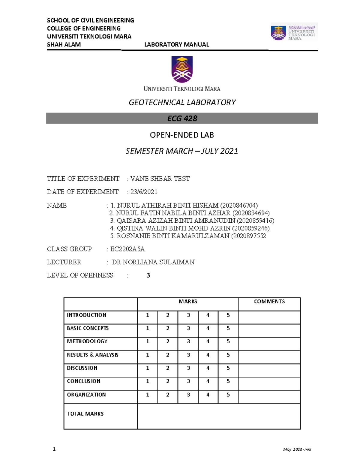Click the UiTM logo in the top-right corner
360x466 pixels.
point(294,32)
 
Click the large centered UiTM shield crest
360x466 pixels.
point(182,69)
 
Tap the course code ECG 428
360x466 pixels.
point(182,119)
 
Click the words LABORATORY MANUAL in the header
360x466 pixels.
point(177,45)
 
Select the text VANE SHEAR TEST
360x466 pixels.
point(160,179)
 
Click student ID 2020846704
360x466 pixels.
point(239,206)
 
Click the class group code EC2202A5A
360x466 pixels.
point(127,249)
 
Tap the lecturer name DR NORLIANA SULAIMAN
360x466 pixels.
point(153,262)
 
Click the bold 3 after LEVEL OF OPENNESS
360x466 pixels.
point(148,275)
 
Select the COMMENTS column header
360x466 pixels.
point(269,302)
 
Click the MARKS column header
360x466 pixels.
point(188,302)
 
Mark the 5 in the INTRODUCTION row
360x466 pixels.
point(228,315)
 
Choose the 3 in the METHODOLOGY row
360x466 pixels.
point(188,341)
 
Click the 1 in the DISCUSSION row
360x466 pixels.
point(147,368)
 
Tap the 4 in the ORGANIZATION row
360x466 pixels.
point(208,395)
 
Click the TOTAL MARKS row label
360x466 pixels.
point(85,414)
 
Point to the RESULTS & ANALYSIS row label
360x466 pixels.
point(92,355)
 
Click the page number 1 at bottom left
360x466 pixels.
point(54,449)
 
